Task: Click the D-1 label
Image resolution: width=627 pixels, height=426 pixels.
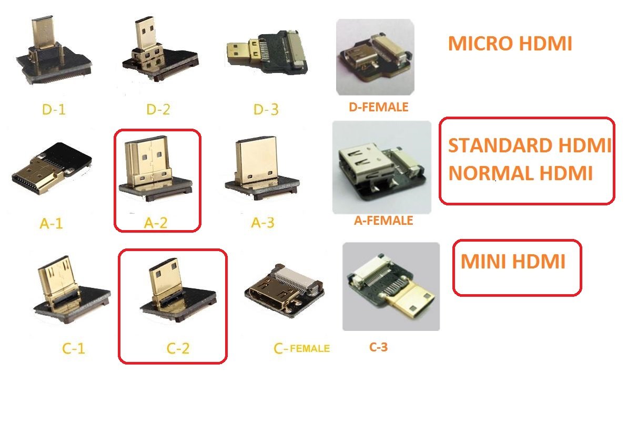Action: pos(54,110)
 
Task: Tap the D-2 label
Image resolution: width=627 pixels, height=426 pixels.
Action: pos(157,110)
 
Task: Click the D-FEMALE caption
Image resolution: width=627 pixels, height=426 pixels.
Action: pos(378,107)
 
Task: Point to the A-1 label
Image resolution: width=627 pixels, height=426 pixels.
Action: pos(52,224)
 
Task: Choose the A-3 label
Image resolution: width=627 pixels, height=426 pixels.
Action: pos(262,223)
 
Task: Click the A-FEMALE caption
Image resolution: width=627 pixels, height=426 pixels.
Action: pos(383,221)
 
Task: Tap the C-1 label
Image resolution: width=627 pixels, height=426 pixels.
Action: pos(74,348)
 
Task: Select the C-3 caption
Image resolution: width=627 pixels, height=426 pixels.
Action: pos(378,347)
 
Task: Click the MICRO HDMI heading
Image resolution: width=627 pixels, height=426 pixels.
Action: pos(510,44)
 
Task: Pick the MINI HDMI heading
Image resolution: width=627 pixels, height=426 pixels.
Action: pos(513,261)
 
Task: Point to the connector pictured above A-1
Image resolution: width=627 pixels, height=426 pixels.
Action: pos(53,168)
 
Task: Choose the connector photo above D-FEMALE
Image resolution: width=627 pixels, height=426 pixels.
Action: pos(375,57)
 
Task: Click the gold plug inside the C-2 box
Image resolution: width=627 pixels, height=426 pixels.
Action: pos(164,280)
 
